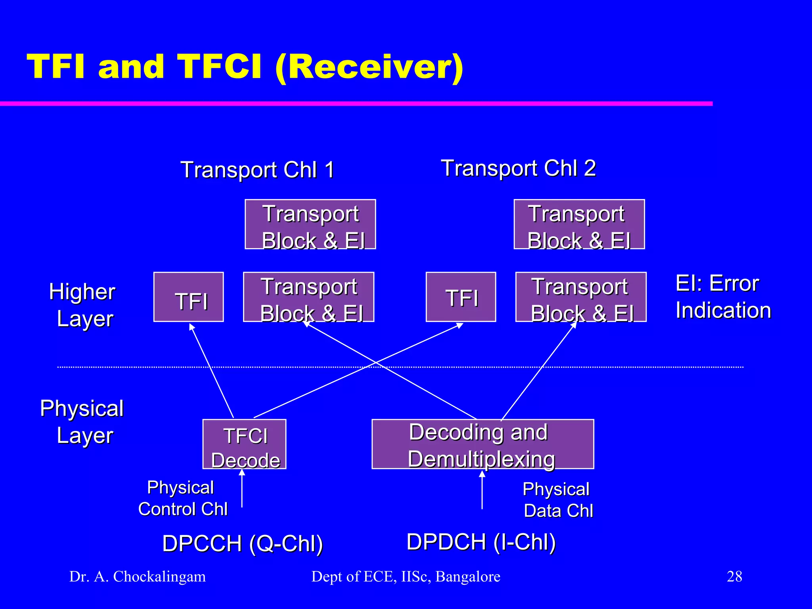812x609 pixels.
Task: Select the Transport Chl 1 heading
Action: (x=257, y=170)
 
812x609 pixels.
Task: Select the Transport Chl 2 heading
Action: (x=518, y=168)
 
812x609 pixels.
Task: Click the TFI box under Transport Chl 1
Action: (x=189, y=297)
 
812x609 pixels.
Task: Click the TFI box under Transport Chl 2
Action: (x=461, y=297)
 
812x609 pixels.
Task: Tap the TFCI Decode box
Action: (x=244, y=444)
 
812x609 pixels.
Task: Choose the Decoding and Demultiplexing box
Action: (x=483, y=444)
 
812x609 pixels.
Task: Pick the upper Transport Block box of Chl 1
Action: (x=310, y=224)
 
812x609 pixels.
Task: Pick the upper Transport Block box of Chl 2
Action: (x=579, y=224)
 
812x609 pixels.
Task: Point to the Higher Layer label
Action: (x=82, y=305)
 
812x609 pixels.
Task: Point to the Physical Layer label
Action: (x=82, y=421)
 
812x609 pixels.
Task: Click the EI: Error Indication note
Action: (x=723, y=297)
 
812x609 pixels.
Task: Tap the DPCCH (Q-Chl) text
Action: (x=243, y=543)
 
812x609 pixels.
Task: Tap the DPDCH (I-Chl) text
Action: (x=481, y=542)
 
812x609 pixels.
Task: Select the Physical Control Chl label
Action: (x=182, y=498)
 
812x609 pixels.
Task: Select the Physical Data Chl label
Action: (x=557, y=500)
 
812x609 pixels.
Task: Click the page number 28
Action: (x=734, y=576)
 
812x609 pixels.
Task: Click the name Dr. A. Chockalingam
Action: (x=138, y=576)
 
